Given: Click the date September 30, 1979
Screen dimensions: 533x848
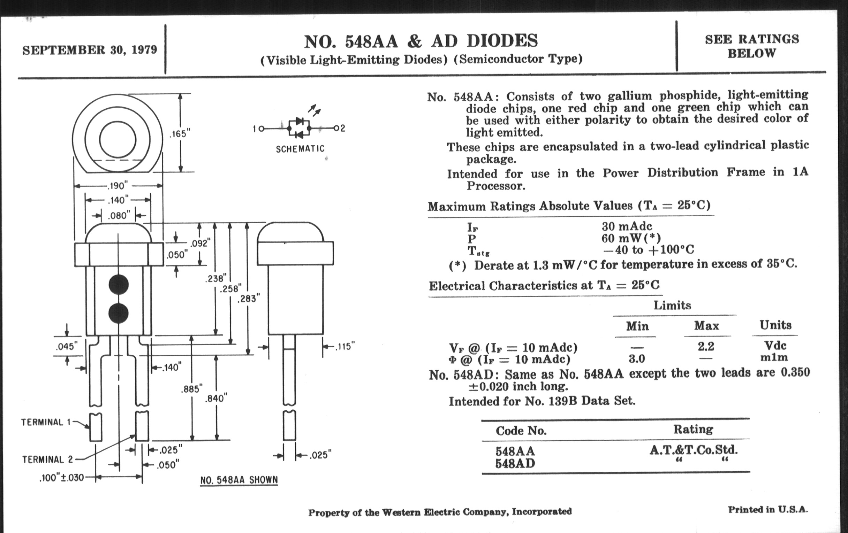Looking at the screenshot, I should tap(90, 50).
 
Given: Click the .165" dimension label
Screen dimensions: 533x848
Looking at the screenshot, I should tap(180, 134).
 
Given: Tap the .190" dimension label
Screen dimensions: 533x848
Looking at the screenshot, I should tap(118, 185).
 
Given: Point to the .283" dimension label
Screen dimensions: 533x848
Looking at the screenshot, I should tap(249, 299).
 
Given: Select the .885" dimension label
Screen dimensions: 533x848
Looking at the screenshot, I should tap(191, 389).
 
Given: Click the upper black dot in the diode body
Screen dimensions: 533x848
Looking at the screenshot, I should tap(119, 284).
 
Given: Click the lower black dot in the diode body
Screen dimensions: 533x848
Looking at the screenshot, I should tap(119, 313).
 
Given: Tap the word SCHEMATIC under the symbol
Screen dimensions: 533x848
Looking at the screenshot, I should tap(300, 149).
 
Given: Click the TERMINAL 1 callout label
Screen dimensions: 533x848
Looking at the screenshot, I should tap(46, 422).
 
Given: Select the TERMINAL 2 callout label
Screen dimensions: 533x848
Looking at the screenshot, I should tap(47, 459).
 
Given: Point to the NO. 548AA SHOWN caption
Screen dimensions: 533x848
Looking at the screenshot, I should tap(239, 480).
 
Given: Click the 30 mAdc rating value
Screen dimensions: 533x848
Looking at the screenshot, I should tap(627, 226).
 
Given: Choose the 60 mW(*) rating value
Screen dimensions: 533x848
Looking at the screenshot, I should tap(631, 238).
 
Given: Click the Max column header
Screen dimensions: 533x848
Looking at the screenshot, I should tap(706, 326).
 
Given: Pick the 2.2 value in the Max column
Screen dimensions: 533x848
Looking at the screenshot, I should tap(706, 347).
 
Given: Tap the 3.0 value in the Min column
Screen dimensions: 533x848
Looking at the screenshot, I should tap(637, 359).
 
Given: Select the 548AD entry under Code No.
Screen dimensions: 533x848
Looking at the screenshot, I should tap(515, 464).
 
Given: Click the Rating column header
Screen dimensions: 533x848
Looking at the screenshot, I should tap(693, 429).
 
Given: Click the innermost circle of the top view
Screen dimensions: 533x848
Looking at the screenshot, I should tap(118, 140).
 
